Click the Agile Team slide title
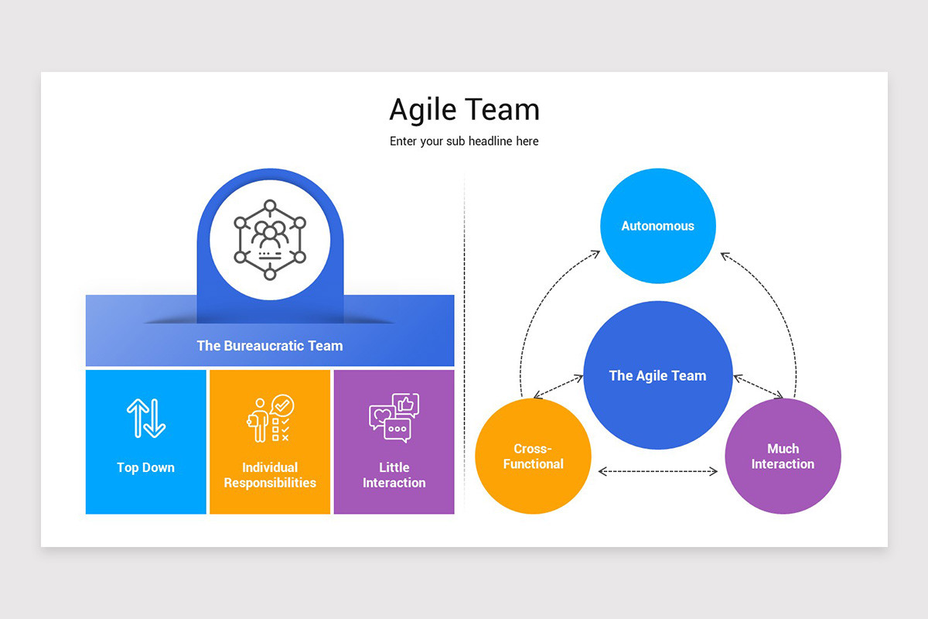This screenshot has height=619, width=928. click(x=464, y=110)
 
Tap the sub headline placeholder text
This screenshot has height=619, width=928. click(x=464, y=142)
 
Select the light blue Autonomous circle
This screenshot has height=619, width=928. click(x=658, y=226)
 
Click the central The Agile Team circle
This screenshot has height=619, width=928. click(x=657, y=376)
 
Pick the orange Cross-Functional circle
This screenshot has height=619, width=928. click(x=533, y=457)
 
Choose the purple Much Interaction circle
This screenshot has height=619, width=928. click(x=783, y=457)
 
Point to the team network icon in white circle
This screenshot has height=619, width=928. click(x=270, y=240)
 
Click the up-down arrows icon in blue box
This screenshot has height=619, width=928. click(x=146, y=418)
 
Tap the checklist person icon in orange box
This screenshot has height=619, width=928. click(x=270, y=418)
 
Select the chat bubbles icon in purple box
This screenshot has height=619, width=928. click(x=394, y=418)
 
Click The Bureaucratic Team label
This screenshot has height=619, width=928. click(x=270, y=346)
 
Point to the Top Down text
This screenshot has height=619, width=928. click(x=146, y=467)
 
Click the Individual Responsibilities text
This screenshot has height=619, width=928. click(x=270, y=475)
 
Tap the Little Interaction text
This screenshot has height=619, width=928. click(x=394, y=475)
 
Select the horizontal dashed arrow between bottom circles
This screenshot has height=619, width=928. click(x=658, y=470)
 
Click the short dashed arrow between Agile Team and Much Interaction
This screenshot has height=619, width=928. click(x=758, y=387)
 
